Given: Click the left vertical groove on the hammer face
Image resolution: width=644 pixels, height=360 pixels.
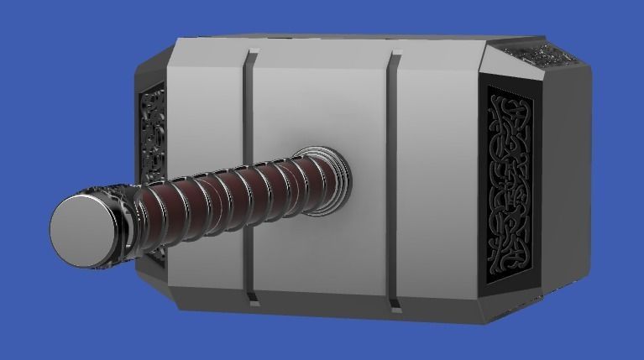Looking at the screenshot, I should pyautogui.click(x=249, y=168).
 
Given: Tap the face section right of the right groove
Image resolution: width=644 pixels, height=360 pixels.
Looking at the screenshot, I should pyautogui.click(x=437, y=168).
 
